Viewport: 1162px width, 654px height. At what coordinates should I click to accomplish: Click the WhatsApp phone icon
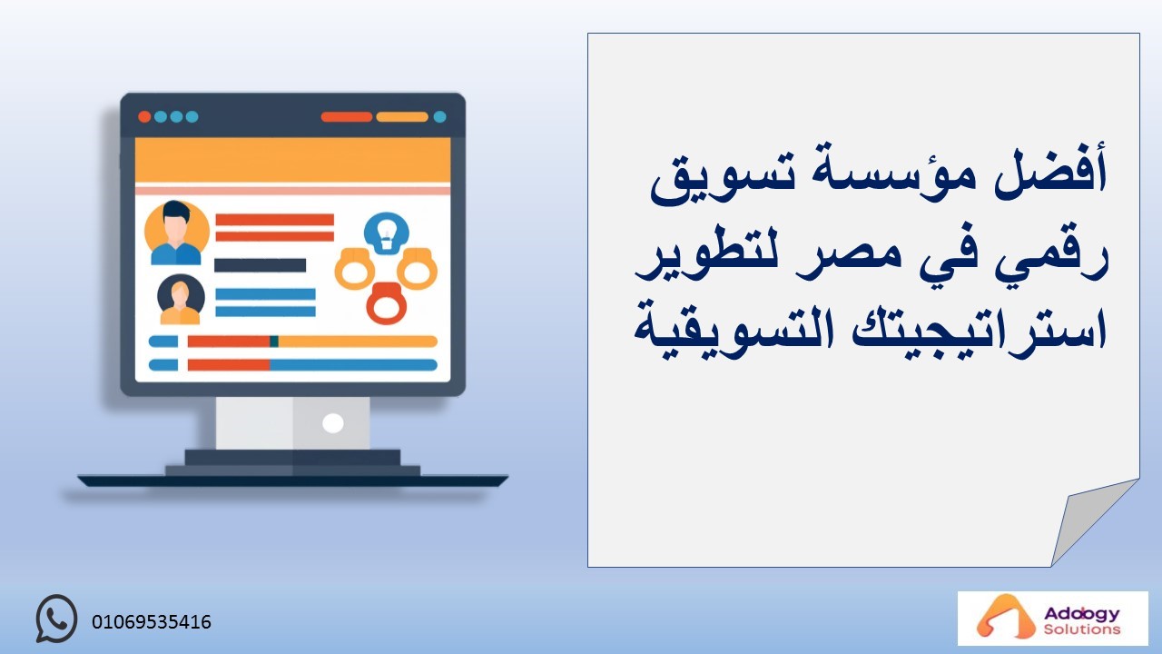(56, 618)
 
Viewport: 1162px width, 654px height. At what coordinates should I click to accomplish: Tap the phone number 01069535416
(152, 622)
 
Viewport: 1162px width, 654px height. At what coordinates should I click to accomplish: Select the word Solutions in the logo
(1082, 629)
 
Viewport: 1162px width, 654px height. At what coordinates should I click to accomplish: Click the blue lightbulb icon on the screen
(387, 233)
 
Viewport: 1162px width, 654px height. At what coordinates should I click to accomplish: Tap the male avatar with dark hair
(176, 233)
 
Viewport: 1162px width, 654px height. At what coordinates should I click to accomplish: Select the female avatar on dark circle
(181, 300)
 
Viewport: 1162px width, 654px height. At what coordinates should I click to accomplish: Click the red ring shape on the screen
(386, 303)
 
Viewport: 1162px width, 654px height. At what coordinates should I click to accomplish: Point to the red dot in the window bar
(144, 117)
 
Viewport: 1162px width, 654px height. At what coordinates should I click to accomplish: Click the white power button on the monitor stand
(332, 423)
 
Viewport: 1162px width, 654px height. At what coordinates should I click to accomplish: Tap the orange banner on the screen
(292, 161)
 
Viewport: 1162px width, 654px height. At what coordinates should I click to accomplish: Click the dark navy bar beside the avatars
(260, 265)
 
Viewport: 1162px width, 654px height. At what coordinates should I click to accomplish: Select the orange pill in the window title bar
(402, 117)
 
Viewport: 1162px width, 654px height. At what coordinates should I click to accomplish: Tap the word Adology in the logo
(1082, 614)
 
